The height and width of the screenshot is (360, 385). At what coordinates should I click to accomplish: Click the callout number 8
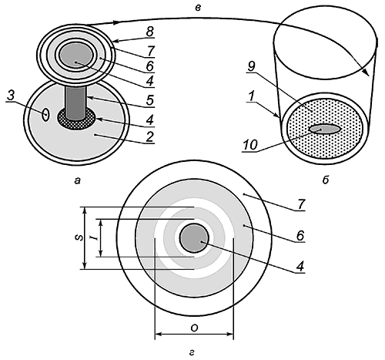click(x=149, y=32)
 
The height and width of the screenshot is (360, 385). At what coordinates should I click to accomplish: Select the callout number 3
click(x=10, y=96)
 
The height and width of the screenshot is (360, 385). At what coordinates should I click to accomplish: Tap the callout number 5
click(x=150, y=100)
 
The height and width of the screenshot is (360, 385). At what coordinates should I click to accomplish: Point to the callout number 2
click(x=149, y=137)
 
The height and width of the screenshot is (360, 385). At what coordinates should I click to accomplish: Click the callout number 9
click(x=252, y=66)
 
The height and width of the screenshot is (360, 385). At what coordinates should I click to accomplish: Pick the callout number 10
click(x=249, y=146)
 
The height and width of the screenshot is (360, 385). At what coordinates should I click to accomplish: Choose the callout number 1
click(x=252, y=96)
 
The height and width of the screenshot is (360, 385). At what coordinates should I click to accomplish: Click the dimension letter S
click(x=79, y=238)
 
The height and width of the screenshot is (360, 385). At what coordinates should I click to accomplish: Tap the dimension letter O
click(x=194, y=328)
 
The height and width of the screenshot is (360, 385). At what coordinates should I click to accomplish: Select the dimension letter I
click(x=95, y=239)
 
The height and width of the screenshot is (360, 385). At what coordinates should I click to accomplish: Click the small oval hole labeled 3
click(x=45, y=115)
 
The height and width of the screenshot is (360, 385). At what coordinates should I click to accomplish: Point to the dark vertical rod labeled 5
click(x=75, y=103)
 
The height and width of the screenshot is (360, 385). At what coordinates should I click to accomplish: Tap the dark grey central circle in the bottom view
click(x=194, y=238)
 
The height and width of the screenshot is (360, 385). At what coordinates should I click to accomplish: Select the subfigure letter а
click(x=77, y=181)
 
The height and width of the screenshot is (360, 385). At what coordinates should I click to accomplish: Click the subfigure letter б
click(x=326, y=180)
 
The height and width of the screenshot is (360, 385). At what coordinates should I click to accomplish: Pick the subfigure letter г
click(x=192, y=353)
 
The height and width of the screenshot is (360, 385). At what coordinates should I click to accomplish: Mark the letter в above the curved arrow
click(x=197, y=8)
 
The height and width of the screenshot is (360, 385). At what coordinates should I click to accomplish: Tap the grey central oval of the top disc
click(x=76, y=55)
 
